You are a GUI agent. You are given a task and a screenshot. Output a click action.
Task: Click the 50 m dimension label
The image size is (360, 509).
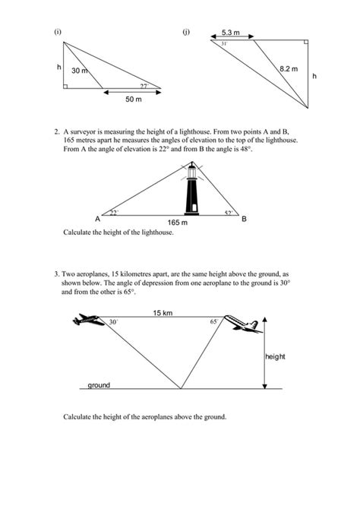pos(132,100)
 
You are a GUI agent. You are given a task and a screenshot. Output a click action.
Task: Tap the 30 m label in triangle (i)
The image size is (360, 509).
pos(80,71)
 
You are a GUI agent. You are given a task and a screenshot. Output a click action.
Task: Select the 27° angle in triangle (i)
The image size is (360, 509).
pos(143,85)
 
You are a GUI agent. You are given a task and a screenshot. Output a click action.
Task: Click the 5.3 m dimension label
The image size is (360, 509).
pos(230,33)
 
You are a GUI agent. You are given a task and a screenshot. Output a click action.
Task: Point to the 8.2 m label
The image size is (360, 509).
pos(289,69)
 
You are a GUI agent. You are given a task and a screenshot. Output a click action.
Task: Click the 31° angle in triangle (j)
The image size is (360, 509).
pos(224,44)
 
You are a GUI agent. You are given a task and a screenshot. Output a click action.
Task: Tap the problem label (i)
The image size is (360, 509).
pos(58,32)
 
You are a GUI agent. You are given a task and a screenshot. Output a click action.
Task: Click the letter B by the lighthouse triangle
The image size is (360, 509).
pos(244,219)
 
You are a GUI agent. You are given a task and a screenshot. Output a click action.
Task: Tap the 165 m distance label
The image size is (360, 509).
pos(178,223)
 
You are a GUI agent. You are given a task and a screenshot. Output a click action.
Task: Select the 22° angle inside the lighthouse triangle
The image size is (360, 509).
pos(115,213)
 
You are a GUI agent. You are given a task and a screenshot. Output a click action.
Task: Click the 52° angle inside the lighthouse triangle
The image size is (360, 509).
pos(229,213)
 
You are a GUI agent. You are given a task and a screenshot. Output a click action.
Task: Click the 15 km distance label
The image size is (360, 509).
pos(162,312)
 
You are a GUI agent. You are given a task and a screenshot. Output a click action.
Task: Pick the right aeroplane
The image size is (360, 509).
pos(245,323)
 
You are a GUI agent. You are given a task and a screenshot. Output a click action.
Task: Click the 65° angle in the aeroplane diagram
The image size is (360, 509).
pos(213,322)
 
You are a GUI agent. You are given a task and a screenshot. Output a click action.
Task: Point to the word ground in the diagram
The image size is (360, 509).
pos(99,385)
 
